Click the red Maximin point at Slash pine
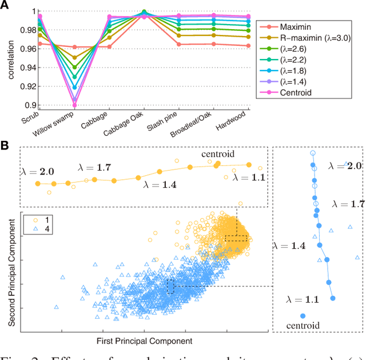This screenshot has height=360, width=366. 180,44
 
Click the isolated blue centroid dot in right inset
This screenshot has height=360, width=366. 303,315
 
